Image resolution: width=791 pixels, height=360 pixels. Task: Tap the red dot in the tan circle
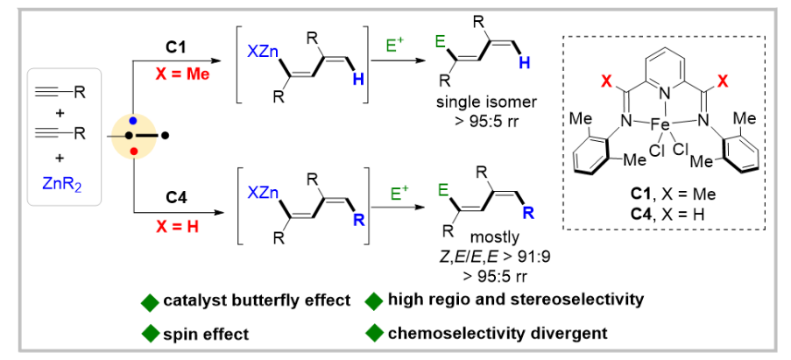pos(133,152)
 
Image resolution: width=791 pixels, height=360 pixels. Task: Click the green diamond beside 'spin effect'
pos(150,333)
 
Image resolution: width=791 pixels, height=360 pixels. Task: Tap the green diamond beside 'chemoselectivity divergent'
pos(374,333)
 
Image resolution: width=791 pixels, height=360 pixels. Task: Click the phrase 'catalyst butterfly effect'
pos(257,301)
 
